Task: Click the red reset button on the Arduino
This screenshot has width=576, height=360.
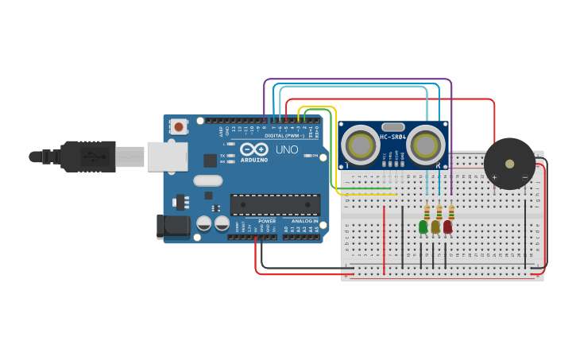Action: point(179,126)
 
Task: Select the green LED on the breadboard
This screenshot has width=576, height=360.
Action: point(423,226)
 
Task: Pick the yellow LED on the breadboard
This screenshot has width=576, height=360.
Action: point(435,226)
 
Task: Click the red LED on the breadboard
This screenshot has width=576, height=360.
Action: point(448,226)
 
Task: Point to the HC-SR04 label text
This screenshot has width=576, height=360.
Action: point(393,137)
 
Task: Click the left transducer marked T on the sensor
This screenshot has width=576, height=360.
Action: point(360,145)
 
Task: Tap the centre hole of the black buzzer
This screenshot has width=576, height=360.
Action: point(509,164)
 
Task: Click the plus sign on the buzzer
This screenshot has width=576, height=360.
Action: point(494,177)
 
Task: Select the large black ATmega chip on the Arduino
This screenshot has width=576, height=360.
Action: point(275,204)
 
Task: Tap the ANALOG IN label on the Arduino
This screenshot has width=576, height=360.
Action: point(303,221)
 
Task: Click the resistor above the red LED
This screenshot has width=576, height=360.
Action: point(451,212)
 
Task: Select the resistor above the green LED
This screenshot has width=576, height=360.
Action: point(427,212)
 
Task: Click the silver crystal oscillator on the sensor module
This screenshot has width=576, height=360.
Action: point(393,126)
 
